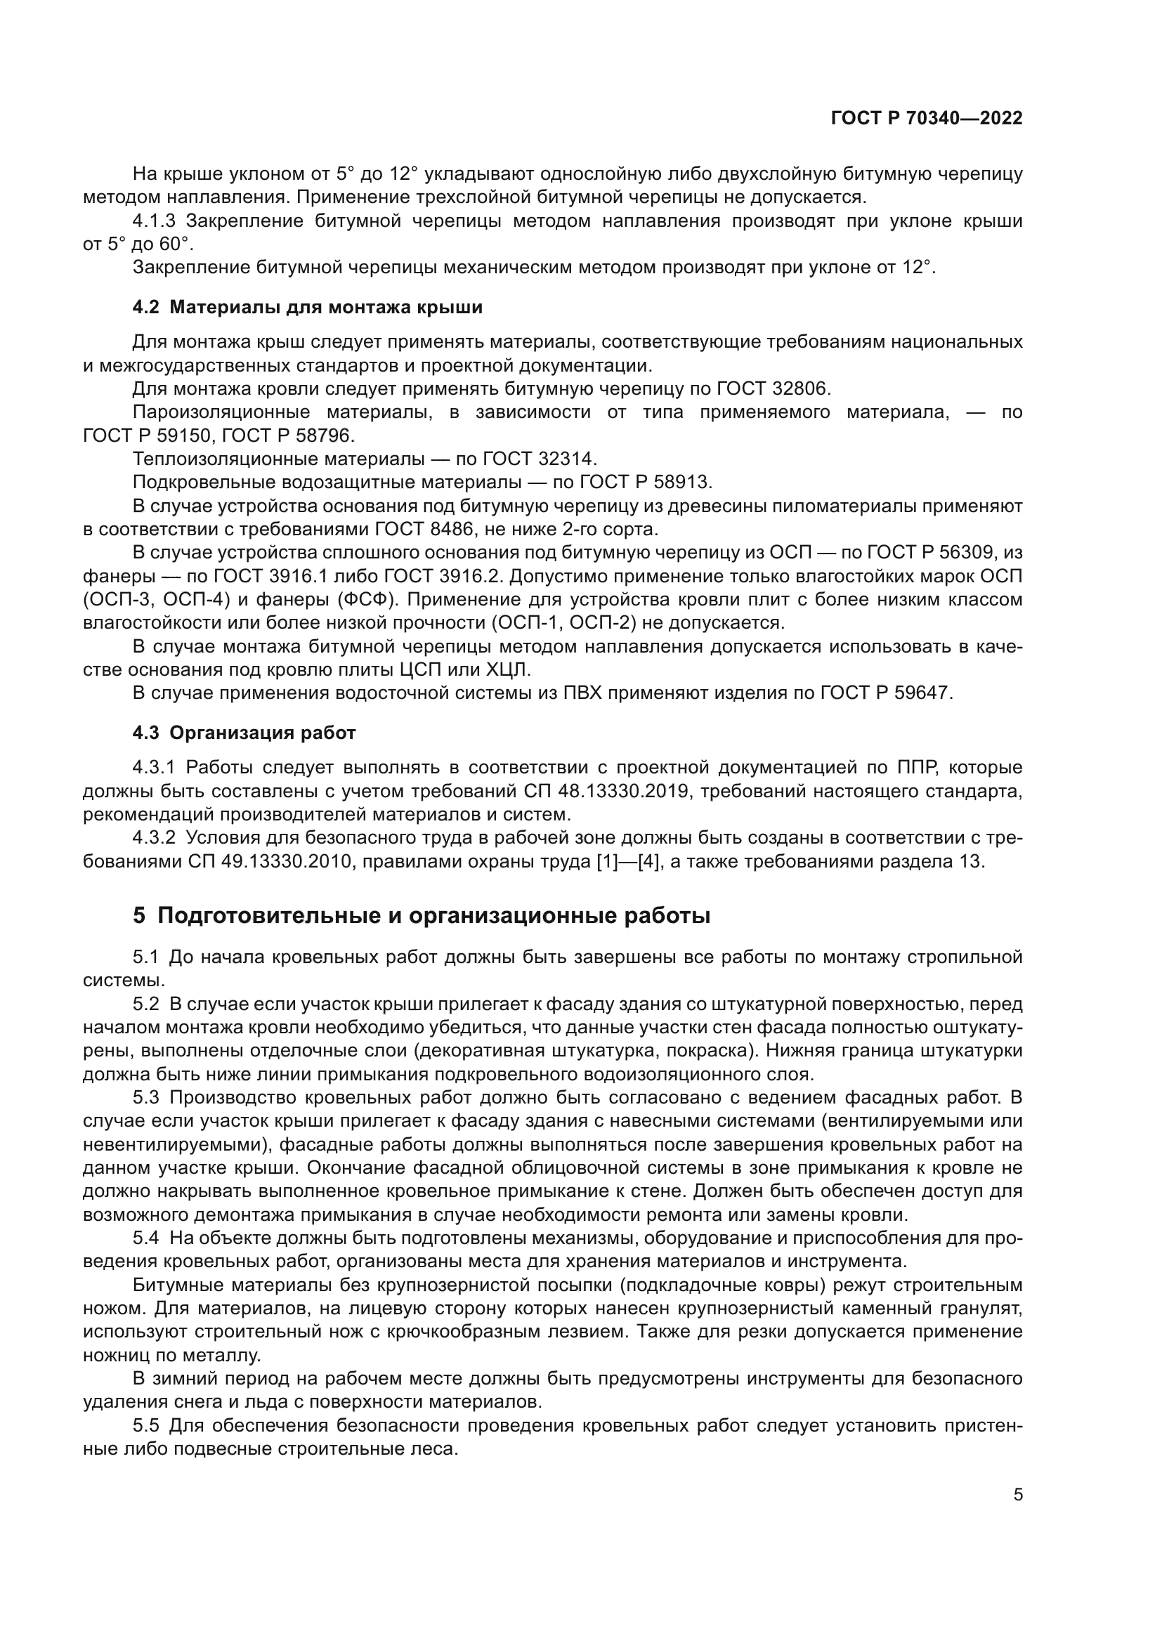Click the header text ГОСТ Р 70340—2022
927,119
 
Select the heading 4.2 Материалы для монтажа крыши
307,307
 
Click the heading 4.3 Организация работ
244,733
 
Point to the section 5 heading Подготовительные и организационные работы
422,915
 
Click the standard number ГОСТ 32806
772,388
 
